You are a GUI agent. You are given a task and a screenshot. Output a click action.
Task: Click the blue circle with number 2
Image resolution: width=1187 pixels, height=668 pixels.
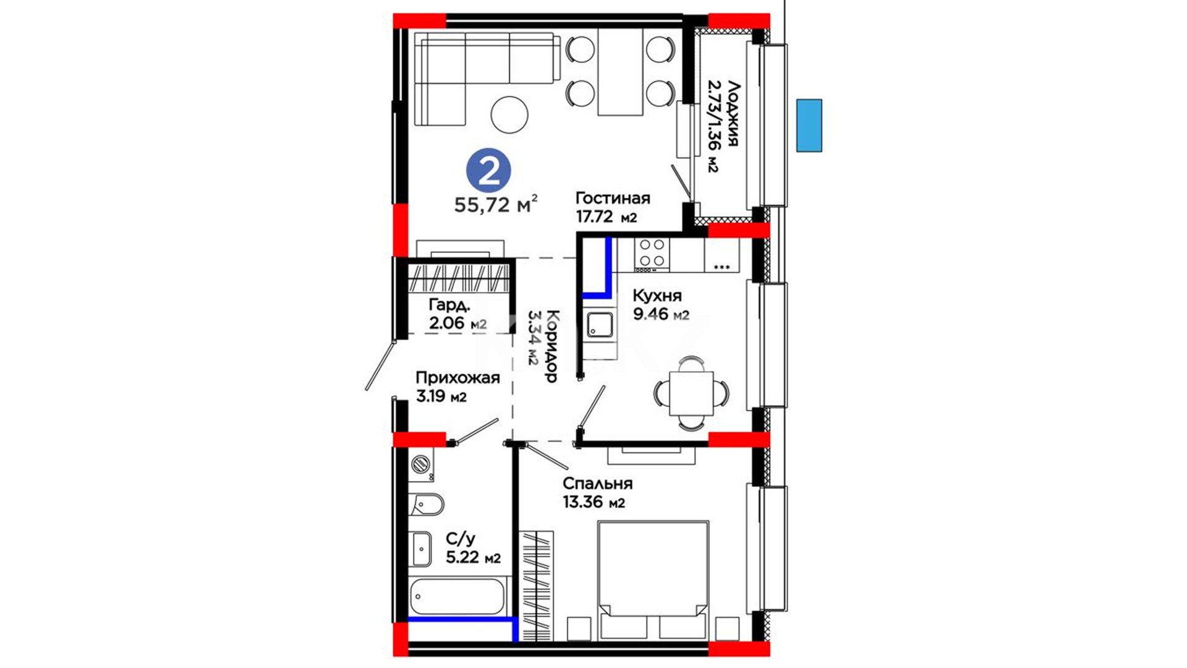pyautogui.click(x=488, y=171)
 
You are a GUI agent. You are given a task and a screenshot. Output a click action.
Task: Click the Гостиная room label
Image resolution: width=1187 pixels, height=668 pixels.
pyautogui.click(x=613, y=198)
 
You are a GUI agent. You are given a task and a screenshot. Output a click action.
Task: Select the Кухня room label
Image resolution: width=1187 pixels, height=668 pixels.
pyautogui.click(x=657, y=296)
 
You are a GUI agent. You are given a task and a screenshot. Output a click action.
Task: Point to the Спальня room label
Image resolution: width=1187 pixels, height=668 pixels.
pyautogui.click(x=597, y=484)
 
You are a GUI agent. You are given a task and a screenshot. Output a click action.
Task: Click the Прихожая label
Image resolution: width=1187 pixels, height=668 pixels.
pyautogui.click(x=457, y=378)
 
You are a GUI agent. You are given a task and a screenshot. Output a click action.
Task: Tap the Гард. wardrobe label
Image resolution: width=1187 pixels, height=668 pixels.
pyautogui.click(x=449, y=304)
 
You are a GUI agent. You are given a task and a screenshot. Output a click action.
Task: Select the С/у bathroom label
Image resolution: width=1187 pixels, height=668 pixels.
pyautogui.click(x=461, y=539)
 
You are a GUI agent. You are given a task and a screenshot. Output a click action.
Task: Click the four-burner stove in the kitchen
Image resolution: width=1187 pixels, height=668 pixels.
pyautogui.click(x=652, y=254)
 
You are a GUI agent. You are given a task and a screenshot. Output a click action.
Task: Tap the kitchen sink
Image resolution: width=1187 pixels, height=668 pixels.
pyautogui.click(x=600, y=325)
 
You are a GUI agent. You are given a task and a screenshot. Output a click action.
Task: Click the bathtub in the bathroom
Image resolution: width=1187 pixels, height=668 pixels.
pyautogui.click(x=457, y=596)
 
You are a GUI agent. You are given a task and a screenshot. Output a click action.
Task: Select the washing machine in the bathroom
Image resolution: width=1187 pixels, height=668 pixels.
pyautogui.click(x=421, y=464)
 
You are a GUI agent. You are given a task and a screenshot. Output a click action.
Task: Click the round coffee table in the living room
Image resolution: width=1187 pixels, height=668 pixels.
pyautogui.click(x=509, y=114)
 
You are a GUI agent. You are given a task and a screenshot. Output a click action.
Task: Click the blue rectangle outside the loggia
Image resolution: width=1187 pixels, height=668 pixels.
pyautogui.click(x=809, y=125)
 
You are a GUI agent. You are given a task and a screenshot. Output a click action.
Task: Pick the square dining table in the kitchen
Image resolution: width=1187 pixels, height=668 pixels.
pyautogui.click(x=691, y=393)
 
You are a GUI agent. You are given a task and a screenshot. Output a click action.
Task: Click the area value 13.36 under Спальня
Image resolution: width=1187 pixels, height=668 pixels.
pyautogui.click(x=582, y=502)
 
